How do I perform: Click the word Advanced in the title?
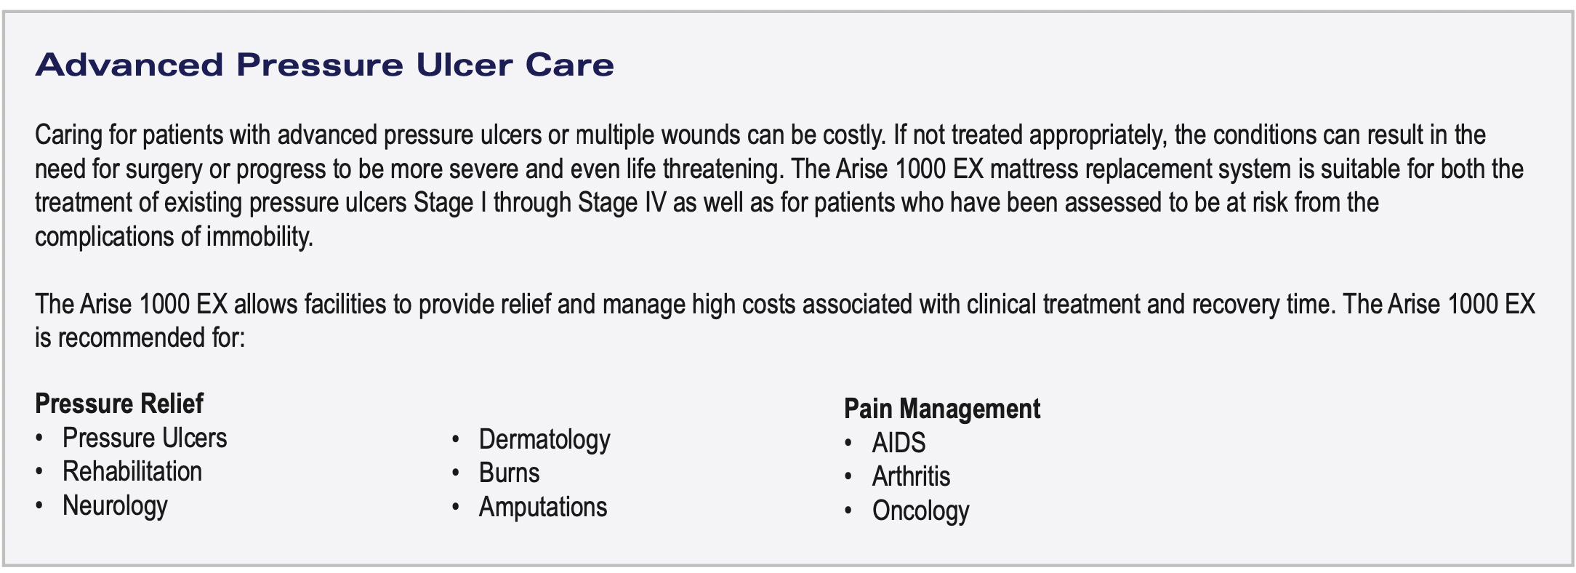click(x=129, y=65)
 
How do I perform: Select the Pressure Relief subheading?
click(x=119, y=404)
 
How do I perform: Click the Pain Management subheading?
click(x=942, y=409)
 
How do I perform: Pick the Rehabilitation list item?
click(x=132, y=471)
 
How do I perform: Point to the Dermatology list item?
click(x=544, y=440)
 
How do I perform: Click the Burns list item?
click(x=509, y=473)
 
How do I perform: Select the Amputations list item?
click(x=543, y=508)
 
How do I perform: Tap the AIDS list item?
click(x=899, y=443)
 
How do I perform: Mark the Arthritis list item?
click(x=912, y=477)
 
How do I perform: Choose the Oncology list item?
click(x=921, y=511)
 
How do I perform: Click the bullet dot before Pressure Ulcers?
click(x=39, y=438)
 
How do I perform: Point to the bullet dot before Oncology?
click(x=848, y=511)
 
